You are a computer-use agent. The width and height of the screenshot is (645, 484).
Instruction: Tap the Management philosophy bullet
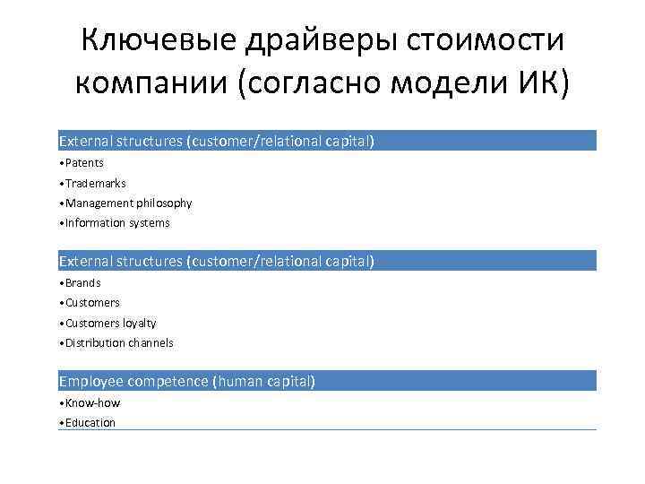[125, 203]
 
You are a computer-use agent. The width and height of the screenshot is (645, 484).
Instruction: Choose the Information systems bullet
[115, 223]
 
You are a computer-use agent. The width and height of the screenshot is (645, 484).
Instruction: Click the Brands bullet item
[80, 283]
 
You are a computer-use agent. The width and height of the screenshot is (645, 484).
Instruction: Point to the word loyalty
[139, 324]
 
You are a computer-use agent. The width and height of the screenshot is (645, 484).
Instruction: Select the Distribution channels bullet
[116, 343]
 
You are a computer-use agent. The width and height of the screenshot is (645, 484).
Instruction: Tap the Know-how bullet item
[90, 403]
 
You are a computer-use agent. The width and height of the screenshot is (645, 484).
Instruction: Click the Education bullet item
[89, 423]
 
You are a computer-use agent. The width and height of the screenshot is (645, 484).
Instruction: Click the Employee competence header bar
[327, 382]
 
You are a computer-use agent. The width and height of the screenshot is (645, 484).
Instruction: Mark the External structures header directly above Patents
[327, 142]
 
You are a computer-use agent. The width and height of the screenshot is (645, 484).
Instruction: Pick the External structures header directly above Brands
[327, 262]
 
